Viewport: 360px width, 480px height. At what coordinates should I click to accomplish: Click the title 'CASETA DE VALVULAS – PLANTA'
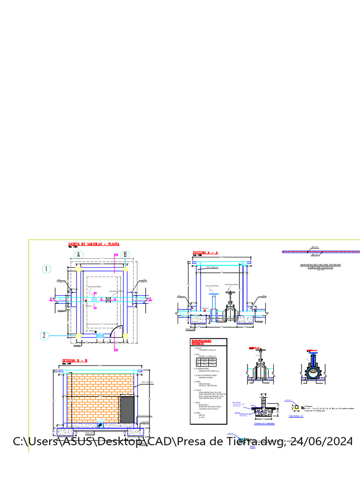tap(94, 244)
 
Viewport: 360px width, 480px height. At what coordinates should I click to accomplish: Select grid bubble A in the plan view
tap(79, 255)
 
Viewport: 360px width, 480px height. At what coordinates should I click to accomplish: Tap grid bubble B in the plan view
tap(125, 255)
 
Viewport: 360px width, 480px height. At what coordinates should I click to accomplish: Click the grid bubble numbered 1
tap(46, 269)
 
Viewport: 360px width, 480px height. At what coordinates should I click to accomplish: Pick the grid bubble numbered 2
tap(45, 335)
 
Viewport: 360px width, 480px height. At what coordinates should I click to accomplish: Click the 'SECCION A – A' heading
tap(206, 253)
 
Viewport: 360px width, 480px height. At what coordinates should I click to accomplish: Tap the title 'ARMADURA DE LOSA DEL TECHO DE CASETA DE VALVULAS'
tap(320, 266)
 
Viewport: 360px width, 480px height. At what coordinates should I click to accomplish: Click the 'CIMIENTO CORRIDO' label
tap(264, 424)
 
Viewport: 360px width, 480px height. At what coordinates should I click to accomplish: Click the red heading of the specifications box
tap(201, 343)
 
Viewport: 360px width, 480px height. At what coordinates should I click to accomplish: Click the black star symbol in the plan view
tap(95, 331)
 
